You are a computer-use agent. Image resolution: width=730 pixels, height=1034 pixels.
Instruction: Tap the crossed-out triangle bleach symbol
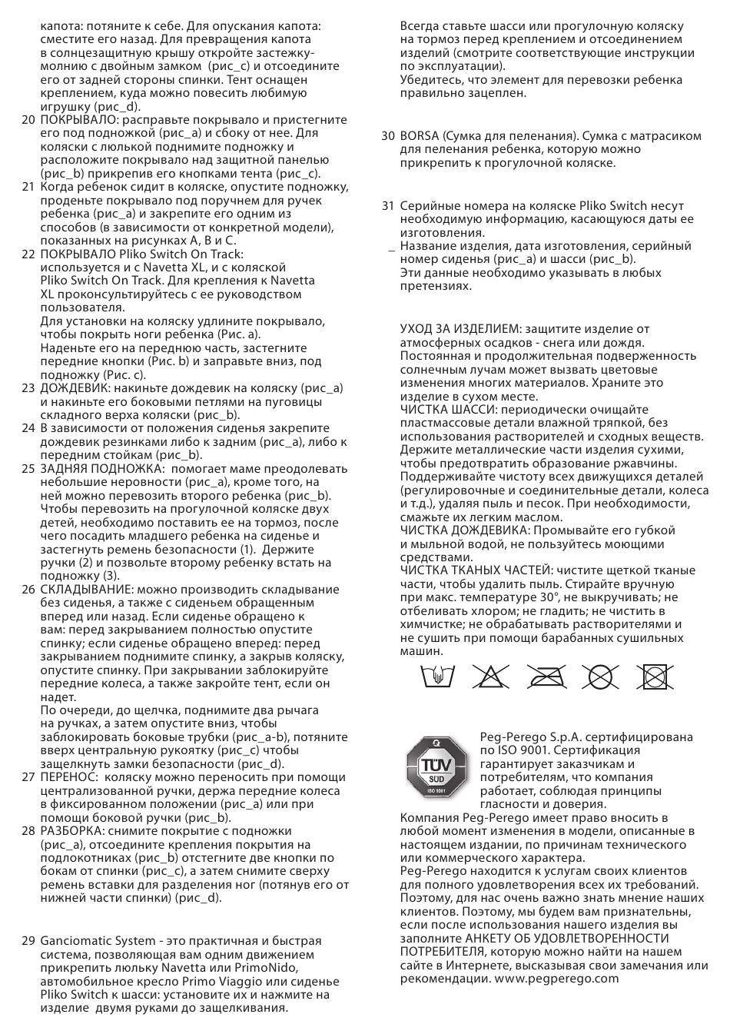(x=489, y=677)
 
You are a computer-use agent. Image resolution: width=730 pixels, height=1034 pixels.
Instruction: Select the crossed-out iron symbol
(x=546, y=677)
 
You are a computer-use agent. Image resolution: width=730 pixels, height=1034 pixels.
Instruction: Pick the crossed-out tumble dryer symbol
(x=655, y=677)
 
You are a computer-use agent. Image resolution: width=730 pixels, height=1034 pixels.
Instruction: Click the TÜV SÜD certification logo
(x=436, y=770)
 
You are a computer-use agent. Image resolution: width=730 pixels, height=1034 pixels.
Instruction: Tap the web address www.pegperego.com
(x=556, y=979)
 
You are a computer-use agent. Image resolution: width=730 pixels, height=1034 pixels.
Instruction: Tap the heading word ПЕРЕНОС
(x=68, y=777)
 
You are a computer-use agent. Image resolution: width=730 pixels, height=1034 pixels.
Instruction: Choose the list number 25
(x=28, y=468)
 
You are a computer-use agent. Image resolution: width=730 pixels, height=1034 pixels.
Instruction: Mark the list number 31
(x=388, y=206)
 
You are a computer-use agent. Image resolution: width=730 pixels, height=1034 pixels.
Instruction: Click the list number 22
(x=28, y=254)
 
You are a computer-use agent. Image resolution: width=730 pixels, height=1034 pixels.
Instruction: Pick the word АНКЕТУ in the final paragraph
(x=490, y=939)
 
